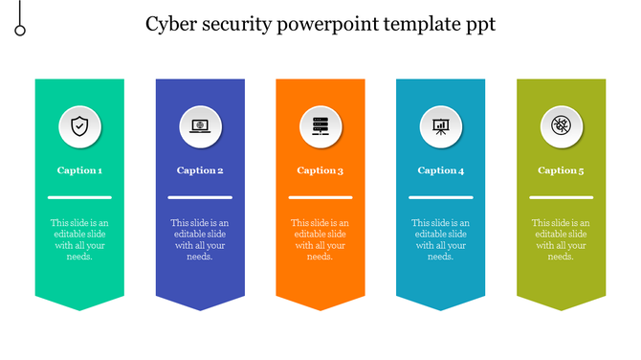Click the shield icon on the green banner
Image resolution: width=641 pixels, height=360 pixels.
point(79,126)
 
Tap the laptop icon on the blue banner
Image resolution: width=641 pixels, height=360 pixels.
point(200,126)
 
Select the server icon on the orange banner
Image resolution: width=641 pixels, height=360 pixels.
point(320,126)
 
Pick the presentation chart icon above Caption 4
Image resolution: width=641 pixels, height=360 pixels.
point(441,126)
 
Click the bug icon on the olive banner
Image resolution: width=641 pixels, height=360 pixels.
point(561,126)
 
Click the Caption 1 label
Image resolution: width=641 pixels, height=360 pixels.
point(79,170)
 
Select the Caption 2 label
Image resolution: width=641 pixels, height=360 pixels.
point(200,170)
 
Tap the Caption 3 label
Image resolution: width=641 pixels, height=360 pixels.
point(320,170)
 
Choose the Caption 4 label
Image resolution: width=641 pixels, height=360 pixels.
point(441,170)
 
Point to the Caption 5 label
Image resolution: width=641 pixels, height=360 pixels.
point(561,170)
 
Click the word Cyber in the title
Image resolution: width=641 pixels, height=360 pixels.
point(171,25)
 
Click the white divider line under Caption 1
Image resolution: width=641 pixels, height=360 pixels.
point(79,197)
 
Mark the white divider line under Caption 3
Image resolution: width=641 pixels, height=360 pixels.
point(320,197)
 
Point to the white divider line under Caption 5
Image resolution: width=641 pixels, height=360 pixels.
point(561,197)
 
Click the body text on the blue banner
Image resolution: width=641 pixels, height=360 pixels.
point(200,239)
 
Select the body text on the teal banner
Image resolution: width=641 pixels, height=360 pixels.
point(441,239)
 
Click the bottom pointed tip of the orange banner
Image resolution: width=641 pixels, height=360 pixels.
point(320,307)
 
